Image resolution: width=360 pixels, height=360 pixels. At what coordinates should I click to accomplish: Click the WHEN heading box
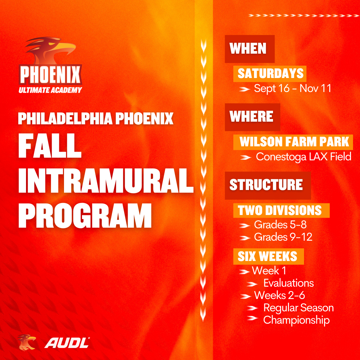pyautogui.click(x=250, y=49)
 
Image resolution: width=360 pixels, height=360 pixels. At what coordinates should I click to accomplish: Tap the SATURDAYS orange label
pyautogui.click(x=270, y=74)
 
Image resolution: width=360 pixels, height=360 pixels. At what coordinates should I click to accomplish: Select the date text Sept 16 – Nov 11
pyautogui.click(x=293, y=88)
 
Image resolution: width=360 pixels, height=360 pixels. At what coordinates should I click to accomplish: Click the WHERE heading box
pyautogui.click(x=252, y=117)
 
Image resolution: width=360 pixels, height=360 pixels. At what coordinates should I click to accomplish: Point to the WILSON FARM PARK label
pyautogui.click(x=293, y=142)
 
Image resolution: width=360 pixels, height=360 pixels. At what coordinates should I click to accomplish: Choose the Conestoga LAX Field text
pyautogui.click(x=304, y=157)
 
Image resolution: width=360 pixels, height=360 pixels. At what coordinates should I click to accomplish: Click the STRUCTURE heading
pyautogui.click(x=268, y=185)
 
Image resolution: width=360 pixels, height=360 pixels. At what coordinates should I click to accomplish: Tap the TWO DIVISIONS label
pyautogui.click(x=281, y=210)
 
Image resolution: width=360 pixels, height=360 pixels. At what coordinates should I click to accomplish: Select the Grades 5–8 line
pyautogui.click(x=280, y=225)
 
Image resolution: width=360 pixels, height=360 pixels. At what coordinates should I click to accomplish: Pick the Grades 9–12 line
pyautogui.click(x=283, y=237)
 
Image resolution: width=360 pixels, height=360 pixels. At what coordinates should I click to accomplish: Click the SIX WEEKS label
pyautogui.click(x=269, y=256)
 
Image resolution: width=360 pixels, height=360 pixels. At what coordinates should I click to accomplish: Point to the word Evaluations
pyautogui.click(x=288, y=283)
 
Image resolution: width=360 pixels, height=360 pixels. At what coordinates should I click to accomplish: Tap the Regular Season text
pyautogui.click(x=298, y=308)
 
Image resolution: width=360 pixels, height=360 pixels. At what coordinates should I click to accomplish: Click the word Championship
pyautogui.click(x=296, y=320)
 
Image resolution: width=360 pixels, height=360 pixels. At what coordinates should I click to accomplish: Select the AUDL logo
pyautogui.click(x=67, y=343)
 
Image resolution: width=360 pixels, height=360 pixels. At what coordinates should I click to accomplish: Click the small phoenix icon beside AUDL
pyautogui.click(x=27, y=343)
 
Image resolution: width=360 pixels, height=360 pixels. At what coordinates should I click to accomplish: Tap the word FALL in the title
pyautogui.click(x=50, y=146)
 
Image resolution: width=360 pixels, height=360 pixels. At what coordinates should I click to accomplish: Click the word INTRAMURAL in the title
pyautogui.click(x=106, y=181)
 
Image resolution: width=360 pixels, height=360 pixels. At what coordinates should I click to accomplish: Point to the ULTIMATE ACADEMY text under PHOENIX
pyautogui.click(x=50, y=90)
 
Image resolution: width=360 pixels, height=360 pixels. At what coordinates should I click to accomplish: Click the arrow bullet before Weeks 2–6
pyautogui.click(x=246, y=296)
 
